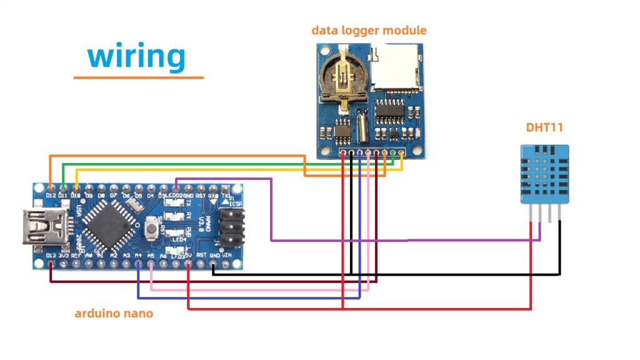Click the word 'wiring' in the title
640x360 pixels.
point(137,56)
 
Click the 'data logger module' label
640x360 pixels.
point(369,30)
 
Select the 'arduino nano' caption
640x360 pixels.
point(113,313)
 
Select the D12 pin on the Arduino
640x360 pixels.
point(50,187)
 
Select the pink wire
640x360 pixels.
point(262,290)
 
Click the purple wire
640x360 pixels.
point(337,240)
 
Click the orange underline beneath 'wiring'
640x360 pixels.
point(138,77)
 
